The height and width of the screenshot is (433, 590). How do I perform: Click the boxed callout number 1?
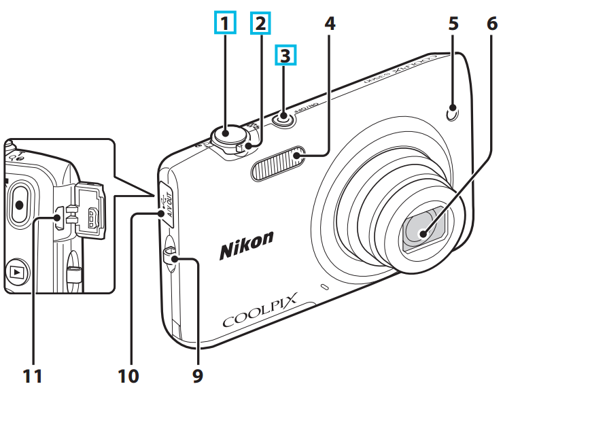[x=225, y=24]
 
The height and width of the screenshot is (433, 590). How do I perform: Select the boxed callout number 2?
[x=259, y=24]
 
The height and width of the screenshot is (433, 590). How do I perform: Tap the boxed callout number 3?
[x=285, y=55]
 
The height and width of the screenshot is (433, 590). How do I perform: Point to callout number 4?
[x=330, y=24]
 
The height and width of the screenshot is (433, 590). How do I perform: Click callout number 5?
[x=453, y=24]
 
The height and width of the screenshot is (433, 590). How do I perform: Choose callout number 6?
[x=492, y=24]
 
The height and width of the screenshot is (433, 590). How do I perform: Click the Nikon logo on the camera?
[x=246, y=245]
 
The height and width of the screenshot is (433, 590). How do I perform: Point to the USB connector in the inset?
[x=94, y=219]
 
